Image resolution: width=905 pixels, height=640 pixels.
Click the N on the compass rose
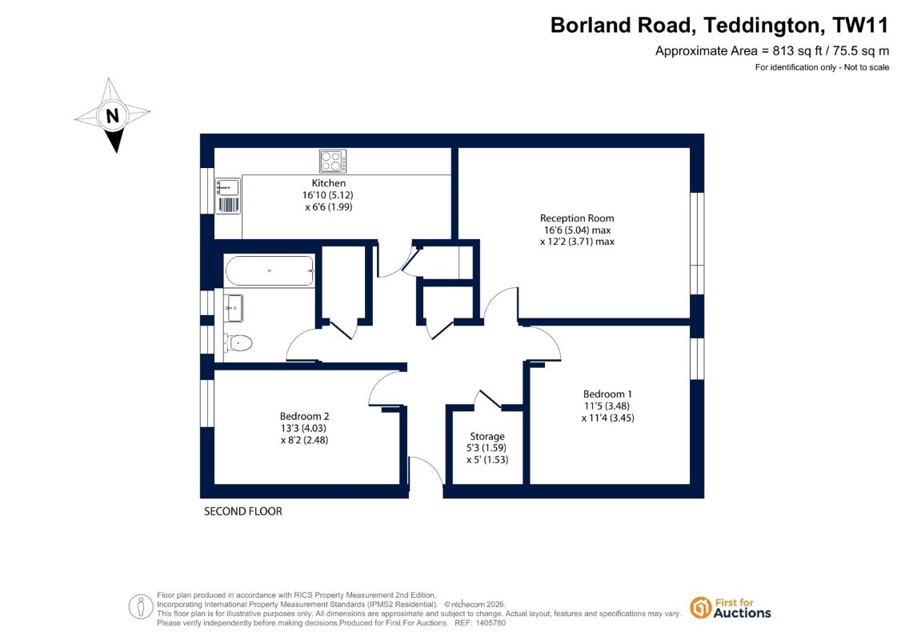click(113, 116)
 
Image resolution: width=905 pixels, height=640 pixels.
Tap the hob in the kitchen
click(333, 161)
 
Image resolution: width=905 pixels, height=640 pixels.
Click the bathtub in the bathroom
click(270, 270)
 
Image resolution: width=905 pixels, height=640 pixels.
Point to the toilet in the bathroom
click(238, 343)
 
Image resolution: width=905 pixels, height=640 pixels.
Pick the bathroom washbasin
click(234, 308)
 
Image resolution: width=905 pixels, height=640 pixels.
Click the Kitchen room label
click(328, 183)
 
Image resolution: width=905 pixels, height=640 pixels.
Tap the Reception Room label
click(577, 218)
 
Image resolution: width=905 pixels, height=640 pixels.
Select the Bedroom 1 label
click(607, 394)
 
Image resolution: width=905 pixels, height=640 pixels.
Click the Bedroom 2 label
click(304, 416)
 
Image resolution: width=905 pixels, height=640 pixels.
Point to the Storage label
click(487, 436)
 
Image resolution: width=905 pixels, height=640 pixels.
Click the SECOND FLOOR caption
click(243, 511)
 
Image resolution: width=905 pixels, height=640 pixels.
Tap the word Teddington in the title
click(762, 26)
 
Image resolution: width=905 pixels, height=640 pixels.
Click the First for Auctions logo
click(731, 608)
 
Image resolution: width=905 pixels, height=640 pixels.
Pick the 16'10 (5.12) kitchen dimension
click(328, 195)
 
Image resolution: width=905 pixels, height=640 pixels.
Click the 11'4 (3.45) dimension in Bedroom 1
click(608, 418)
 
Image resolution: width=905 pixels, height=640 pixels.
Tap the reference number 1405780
click(488, 623)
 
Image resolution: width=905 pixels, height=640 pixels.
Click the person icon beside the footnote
click(141, 607)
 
